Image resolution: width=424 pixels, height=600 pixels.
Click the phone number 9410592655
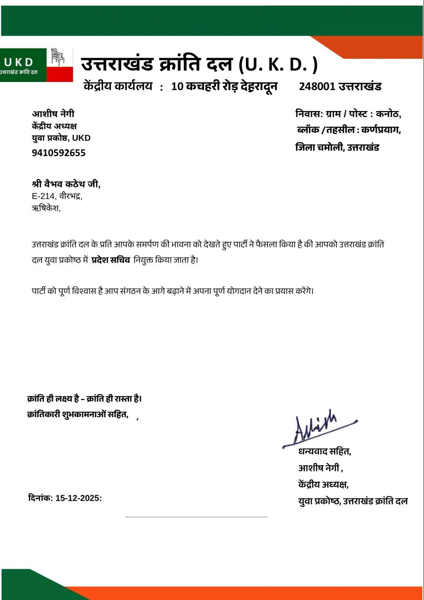point(59,153)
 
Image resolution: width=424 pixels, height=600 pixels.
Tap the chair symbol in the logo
point(58,57)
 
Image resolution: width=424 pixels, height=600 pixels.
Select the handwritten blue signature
point(319,427)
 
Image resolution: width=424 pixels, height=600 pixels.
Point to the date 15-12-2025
point(77,498)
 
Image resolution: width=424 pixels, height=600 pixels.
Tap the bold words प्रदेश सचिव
point(111,260)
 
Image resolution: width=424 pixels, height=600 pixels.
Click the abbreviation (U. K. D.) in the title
point(278,64)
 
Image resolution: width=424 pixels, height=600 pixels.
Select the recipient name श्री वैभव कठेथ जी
point(66,184)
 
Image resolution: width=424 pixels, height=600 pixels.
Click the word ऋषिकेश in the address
point(45,208)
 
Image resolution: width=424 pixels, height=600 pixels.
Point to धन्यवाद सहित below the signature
point(325,451)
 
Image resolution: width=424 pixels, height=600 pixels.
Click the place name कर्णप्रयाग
point(380,130)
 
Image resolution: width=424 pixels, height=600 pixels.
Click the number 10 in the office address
point(177,86)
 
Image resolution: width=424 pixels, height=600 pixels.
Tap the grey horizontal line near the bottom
point(196,517)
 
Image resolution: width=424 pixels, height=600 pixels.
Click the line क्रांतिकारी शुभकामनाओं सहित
point(78,414)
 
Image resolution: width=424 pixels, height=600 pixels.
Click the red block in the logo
point(60,74)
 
